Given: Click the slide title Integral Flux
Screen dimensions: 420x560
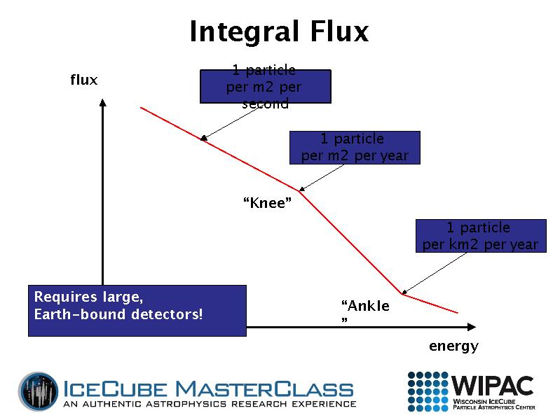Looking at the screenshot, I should [x=279, y=32].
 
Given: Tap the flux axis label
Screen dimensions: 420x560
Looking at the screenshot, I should [x=83, y=80].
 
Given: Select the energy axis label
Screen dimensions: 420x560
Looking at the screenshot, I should [x=453, y=346].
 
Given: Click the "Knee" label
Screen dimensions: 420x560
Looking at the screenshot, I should [x=267, y=203].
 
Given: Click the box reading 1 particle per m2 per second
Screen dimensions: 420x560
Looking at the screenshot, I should [x=265, y=87].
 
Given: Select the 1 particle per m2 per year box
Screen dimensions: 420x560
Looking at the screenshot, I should [x=354, y=148].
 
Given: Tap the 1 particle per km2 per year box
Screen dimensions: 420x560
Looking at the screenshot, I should [x=480, y=236].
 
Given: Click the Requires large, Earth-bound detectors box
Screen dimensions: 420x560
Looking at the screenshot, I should [x=137, y=310].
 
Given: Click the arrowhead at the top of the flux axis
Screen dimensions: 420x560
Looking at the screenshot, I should [x=103, y=102].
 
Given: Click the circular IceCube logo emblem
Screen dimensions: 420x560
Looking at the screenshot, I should [x=39, y=391].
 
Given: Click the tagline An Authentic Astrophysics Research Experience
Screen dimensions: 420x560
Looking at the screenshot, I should [x=210, y=404].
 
